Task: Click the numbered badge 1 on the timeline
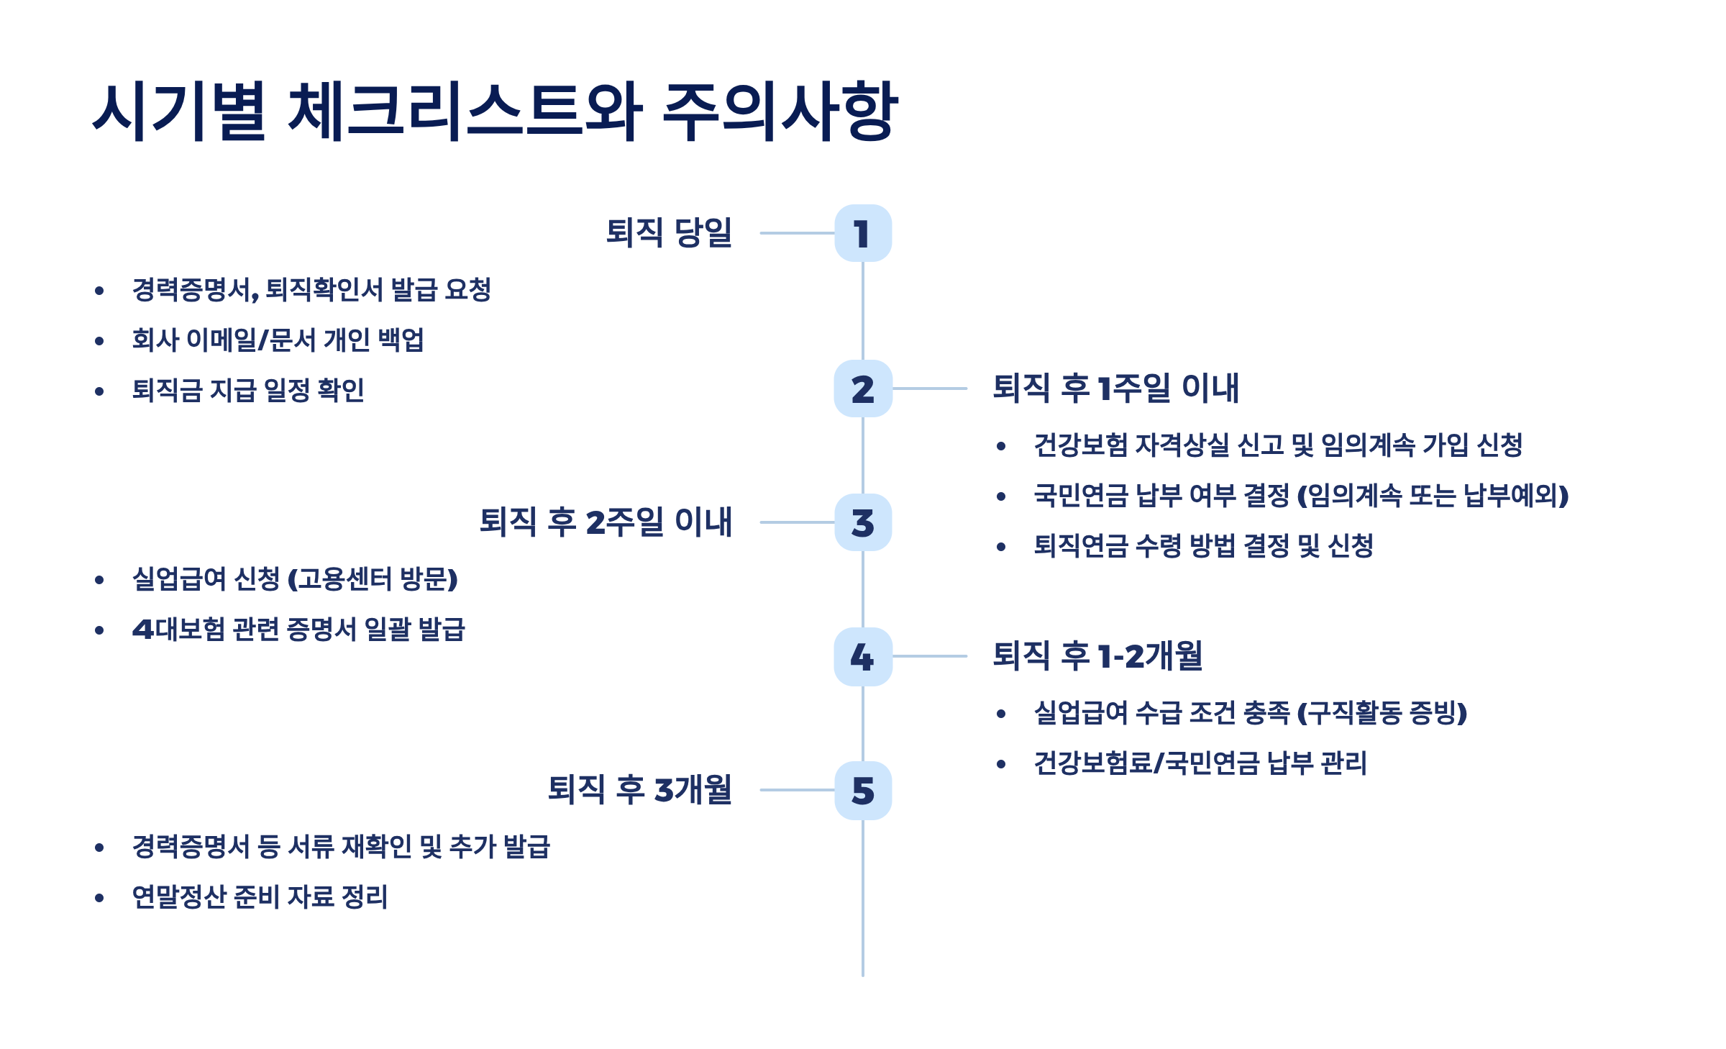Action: coord(862,233)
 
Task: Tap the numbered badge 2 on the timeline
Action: coord(862,389)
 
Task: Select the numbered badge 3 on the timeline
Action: coord(862,522)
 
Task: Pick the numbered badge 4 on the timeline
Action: coord(862,656)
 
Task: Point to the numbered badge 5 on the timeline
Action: coord(862,790)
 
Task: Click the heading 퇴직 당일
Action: coord(669,232)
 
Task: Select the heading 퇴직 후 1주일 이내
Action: coord(1115,388)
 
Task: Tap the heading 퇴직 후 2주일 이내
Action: coord(606,522)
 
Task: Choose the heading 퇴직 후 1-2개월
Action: coord(1097,655)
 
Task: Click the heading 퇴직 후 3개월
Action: coord(639,789)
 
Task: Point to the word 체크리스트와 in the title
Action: coord(465,112)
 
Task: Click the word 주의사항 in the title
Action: coord(780,112)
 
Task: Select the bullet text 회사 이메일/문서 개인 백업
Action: coord(278,340)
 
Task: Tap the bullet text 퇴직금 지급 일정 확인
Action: coord(248,391)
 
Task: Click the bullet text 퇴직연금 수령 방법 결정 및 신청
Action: coord(1203,546)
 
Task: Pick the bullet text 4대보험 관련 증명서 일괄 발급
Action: coord(298,630)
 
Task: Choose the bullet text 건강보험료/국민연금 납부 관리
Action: coord(1200,763)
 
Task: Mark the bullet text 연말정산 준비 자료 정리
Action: coord(260,897)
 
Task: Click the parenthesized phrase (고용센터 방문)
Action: coord(373,579)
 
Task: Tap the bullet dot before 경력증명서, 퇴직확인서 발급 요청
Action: coord(99,291)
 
